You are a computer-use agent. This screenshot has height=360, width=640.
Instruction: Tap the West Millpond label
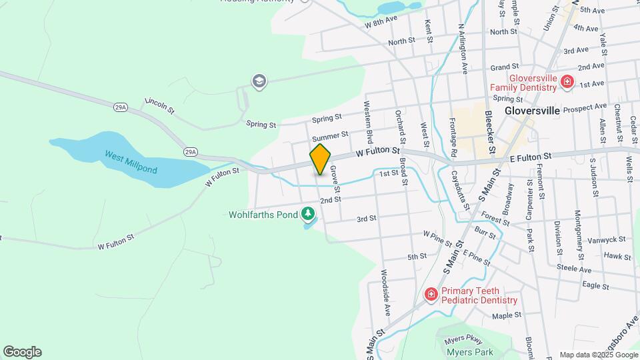pyautogui.click(x=131, y=162)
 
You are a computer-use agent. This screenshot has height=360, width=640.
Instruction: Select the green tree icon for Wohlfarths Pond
pyautogui.click(x=308, y=214)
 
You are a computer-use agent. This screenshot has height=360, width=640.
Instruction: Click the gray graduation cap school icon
pyautogui.click(x=259, y=81)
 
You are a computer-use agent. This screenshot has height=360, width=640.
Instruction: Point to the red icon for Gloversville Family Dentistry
pyautogui.click(x=567, y=82)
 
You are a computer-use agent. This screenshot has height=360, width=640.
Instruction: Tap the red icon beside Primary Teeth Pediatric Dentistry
pyautogui.click(x=431, y=294)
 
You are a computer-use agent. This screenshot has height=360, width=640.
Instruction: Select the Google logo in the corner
pyautogui.click(x=22, y=352)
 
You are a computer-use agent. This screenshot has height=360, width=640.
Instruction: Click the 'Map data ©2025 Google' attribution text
pyautogui.click(x=598, y=355)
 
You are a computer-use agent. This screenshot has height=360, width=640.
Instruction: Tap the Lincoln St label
pyautogui.click(x=159, y=105)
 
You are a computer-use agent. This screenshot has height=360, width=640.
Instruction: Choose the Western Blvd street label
pyautogui.click(x=368, y=121)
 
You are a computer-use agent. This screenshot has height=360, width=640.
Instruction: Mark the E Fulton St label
pyautogui.click(x=531, y=156)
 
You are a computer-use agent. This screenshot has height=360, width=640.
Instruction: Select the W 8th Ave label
pyautogui.click(x=381, y=23)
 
